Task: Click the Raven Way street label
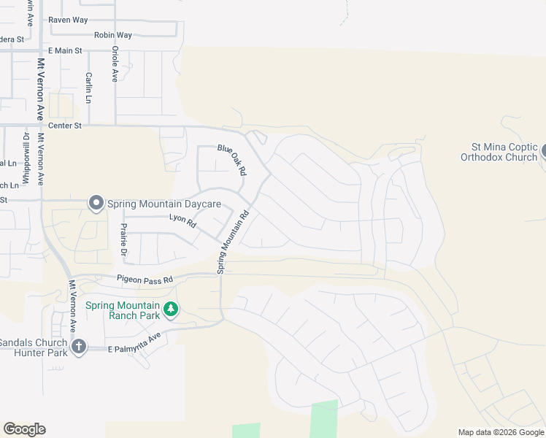point(69,20)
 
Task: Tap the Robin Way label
point(113,35)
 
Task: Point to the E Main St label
point(66,50)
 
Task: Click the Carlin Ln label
point(88,87)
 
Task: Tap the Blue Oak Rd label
point(233,159)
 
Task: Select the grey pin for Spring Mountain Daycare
point(96,203)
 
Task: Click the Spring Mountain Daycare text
point(159,204)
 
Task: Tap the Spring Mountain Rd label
point(233,242)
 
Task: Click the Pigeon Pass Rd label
point(145,280)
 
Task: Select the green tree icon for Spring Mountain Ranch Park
point(171,310)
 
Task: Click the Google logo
point(24,429)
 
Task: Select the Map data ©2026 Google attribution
point(500,432)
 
